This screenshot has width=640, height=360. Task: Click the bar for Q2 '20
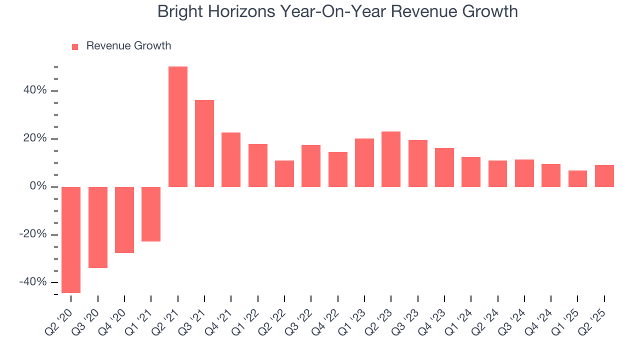tap(71, 239)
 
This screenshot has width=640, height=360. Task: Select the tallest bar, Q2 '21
tap(178, 126)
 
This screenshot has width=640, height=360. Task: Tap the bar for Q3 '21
tap(204, 143)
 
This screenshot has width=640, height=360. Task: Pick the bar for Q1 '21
tap(151, 214)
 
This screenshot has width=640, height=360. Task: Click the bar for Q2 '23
tap(391, 159)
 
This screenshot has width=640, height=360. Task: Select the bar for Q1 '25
tap(577, 178)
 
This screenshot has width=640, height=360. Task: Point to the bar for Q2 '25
tap(604, 176)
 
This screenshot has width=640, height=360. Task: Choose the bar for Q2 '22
tap(284, 173)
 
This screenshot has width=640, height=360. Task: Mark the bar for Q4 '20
tap(124, 220)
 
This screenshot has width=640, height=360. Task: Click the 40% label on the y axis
tap(34, 90)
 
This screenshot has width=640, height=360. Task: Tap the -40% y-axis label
tap(33, 282)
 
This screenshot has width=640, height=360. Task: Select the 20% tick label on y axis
tap(34, 138)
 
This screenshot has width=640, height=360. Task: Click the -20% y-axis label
tap(33, 234)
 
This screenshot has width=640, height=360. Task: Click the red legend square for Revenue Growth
tap(75, 47)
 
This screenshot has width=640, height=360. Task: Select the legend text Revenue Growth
tap(128, 46)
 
